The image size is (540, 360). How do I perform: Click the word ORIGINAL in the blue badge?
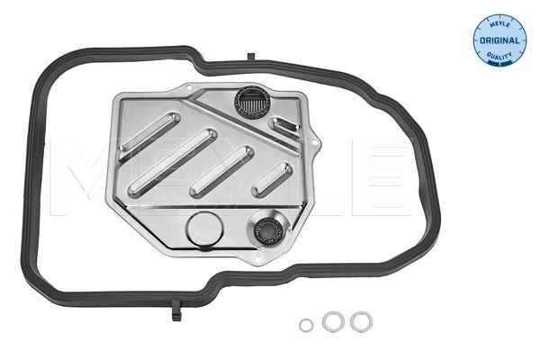point(499,40)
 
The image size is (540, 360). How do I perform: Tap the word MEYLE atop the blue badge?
point(499,24)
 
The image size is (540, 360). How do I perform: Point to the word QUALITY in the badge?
point(499,55)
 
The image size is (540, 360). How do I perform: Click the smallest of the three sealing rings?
point(306,325)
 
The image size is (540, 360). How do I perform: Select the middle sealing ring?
point(333,322)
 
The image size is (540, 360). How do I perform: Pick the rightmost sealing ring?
point(361,322)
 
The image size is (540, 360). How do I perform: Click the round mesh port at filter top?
point(252,102)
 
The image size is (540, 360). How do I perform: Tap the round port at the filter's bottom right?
point(267,231)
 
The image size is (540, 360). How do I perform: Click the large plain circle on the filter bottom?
point(205,228)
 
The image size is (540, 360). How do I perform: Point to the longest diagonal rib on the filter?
point(173,163)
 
